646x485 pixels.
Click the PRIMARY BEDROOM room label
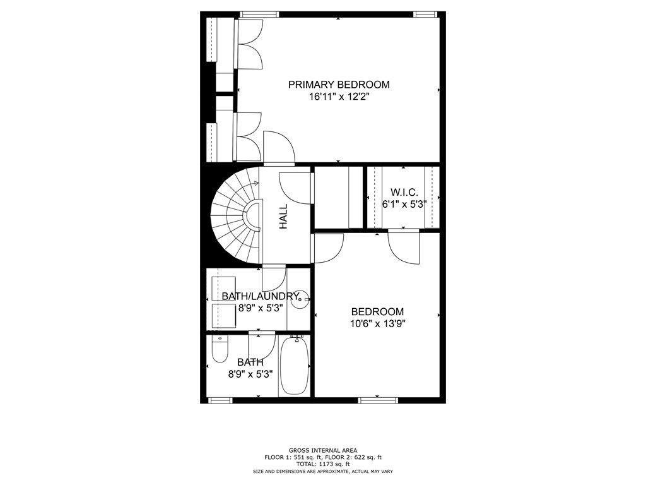coord(339,85)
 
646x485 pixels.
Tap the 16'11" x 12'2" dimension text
coord(339,97)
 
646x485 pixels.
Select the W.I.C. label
coord(404,192)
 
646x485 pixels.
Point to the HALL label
coord(283,217)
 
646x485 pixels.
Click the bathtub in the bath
coord(295,365)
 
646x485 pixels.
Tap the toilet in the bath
coord(220,349)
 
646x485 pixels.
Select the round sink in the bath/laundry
coord(300,299)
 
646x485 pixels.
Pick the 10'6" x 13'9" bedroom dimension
coord(378,324)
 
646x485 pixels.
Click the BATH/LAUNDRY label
coord(260,296)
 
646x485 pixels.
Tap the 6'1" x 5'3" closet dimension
coord(404,204)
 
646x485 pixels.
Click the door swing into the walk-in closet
coord(404,247)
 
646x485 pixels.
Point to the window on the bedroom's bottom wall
coord(378,400)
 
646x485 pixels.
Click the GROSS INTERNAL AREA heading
coord(323,450)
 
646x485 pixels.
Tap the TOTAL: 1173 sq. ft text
coord(323,464)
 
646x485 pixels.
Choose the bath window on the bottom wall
coord(220,400)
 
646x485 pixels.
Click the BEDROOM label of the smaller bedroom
coord(377,312)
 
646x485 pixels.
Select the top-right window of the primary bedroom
coord(426,15)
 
